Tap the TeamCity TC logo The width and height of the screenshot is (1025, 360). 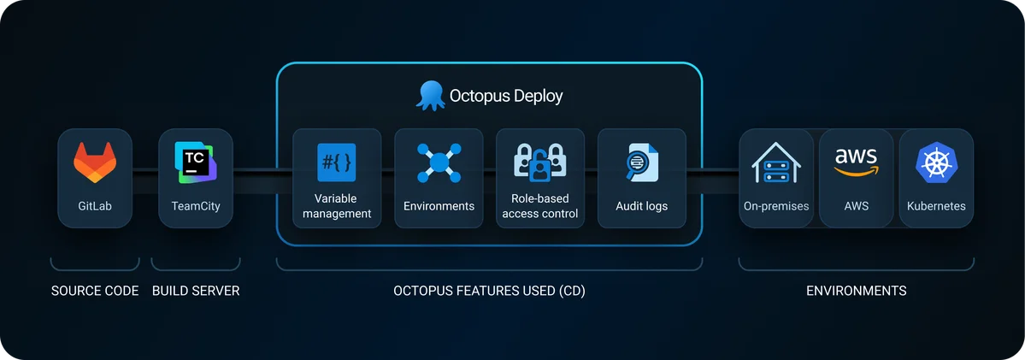[x=196, y=161]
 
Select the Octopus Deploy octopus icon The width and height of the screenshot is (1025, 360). [x=429, y=95]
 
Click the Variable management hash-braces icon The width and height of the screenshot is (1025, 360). [x=336, y=162]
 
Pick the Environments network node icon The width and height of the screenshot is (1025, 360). [x=439, y=162]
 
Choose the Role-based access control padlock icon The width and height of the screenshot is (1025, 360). [x=540, y=162]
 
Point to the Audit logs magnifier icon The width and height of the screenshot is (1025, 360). [x=641, y=162]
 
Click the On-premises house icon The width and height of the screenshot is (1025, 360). [x=775, y=163]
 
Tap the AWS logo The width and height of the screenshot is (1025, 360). [x=856, y=161]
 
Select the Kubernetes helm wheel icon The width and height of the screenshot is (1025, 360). [x=936, y=162]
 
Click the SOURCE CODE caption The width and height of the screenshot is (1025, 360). [x=95, y=291]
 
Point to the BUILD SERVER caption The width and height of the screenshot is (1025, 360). [x=196, y=291]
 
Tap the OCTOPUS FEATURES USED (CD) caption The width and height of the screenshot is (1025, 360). [x=489, y=291]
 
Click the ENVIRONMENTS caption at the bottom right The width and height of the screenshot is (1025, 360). [x=856, y=291]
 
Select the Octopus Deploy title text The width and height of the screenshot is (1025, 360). [x=506, y=95]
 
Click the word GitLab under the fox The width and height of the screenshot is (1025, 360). [x=95, y=206]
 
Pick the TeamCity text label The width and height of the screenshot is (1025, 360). [x=196, y=206]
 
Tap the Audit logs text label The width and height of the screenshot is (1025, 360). [x=641, y=206]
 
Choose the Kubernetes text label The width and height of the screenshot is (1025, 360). [x=936, y=206]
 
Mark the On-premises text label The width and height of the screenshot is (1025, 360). [x=776, y=206]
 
